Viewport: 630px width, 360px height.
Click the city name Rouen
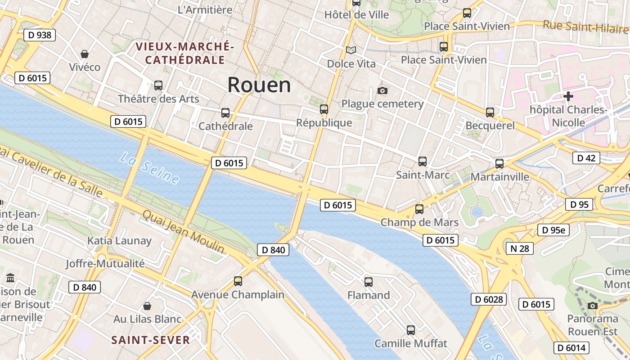259,85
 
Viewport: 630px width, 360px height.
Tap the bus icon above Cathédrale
225,113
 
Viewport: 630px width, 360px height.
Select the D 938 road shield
40,35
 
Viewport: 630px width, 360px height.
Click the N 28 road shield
519,248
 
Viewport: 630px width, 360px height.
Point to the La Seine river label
149,168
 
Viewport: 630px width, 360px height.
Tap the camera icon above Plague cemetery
382,91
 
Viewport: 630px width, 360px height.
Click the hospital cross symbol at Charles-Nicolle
568,96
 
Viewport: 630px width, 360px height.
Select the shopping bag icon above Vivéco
84,54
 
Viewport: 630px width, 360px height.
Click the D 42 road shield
586,158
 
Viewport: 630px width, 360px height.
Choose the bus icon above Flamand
369,282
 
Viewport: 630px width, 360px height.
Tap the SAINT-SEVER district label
150,340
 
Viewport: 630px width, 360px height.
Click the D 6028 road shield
489,299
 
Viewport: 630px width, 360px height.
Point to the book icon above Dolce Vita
351,50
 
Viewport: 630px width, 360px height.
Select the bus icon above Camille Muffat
411,330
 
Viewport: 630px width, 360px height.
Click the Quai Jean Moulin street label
183,231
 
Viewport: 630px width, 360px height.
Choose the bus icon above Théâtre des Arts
158,85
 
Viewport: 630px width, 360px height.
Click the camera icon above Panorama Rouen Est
593,306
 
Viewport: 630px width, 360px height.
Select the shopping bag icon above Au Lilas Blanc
147,306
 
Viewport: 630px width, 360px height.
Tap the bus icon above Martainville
499,164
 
